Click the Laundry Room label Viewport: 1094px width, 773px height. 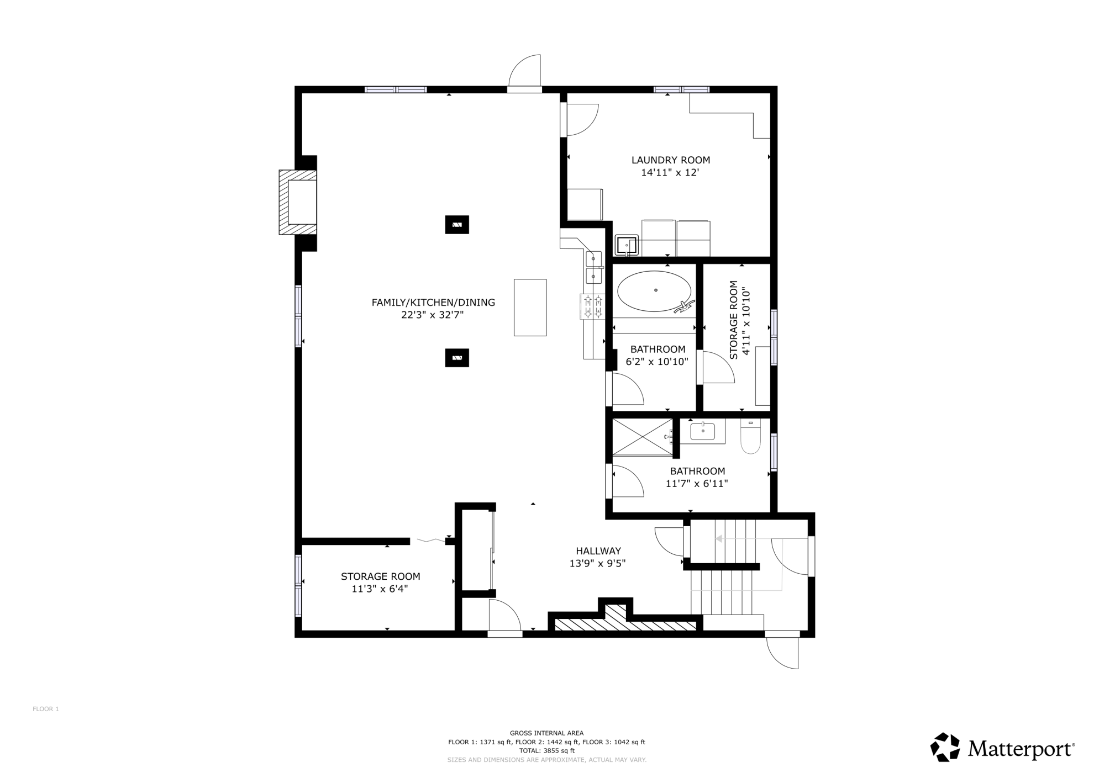pyautogui.click(x=671, y=160)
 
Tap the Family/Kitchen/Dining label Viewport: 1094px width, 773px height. pyautogui.click(x=433, y=303)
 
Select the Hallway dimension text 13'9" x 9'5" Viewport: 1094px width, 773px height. pyautogui.click(x=597, y=564)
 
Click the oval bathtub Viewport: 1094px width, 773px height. pyautogui.click(x=654, y=291)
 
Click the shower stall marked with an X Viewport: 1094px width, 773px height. pyautogui.click(x=643, y=437)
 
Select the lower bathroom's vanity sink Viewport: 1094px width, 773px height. pyautogui.click(x=702, y=431)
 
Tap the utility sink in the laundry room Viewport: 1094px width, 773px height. pyautogui.click(x=627, y=245)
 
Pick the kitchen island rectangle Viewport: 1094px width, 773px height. pyautogui.click(x=530, y=308)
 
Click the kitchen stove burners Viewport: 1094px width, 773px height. pyautogui.click(x=592, y=306)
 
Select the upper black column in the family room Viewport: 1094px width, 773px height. pyautogui.click(x=457, y=225)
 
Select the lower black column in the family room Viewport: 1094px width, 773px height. pyautogui.click(x=457, y=358)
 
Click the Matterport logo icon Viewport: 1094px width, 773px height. pyautogui.click(x=945, y=747)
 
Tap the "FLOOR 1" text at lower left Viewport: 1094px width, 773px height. pyautogui.click(x=46, y=709)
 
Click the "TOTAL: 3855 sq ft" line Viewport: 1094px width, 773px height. pyautogui.click(x=546, y=751)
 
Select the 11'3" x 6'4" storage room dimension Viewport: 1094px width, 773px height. pyautogui.click(x=380, y=589)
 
